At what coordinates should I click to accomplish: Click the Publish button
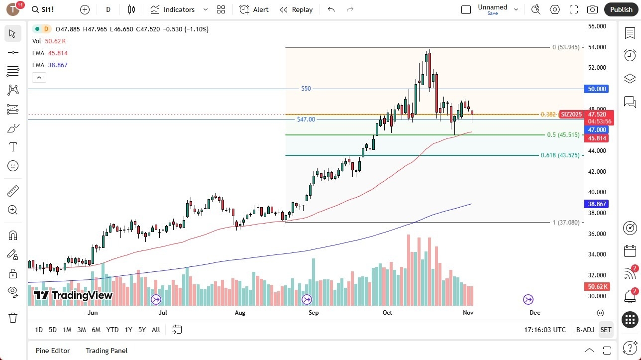coord(621,9)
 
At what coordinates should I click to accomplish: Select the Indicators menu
coord(173,9)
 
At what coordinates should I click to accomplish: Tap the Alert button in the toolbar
coord(254,9)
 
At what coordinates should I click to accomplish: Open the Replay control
coord(296,9)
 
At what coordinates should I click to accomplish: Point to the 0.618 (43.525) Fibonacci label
coord(560,155)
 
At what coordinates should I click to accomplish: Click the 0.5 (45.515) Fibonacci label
coord(563,135)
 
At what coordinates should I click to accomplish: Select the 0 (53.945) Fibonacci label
coord(566,47)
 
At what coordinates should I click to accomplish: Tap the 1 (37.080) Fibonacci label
coord(566,223)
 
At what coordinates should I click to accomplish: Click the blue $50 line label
coord(306,89)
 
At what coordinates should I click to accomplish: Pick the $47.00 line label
coord(306,120)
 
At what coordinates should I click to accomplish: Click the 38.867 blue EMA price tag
coord(597,204)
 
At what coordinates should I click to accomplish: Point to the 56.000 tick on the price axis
coord(597,26)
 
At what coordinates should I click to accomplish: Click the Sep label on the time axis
coord(314,313)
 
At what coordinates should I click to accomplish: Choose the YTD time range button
coord(112,330)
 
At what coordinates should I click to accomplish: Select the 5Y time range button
coord(142,330)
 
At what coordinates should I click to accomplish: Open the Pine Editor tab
coord(53,351)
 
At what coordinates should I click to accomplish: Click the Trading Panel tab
coord(107,351)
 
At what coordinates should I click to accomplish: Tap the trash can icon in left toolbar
coord(13,317)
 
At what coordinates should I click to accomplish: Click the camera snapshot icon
coord(592,9)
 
